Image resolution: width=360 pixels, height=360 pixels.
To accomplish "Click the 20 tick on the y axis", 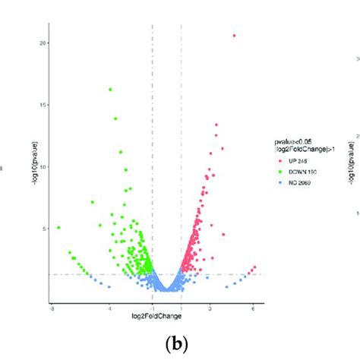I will coord(42,43).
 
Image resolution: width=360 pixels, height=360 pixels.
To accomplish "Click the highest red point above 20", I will coord(234,35).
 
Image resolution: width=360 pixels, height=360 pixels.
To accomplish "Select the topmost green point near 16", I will coord(110,89).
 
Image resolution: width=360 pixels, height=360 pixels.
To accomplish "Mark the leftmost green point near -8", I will coord(58,227).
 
